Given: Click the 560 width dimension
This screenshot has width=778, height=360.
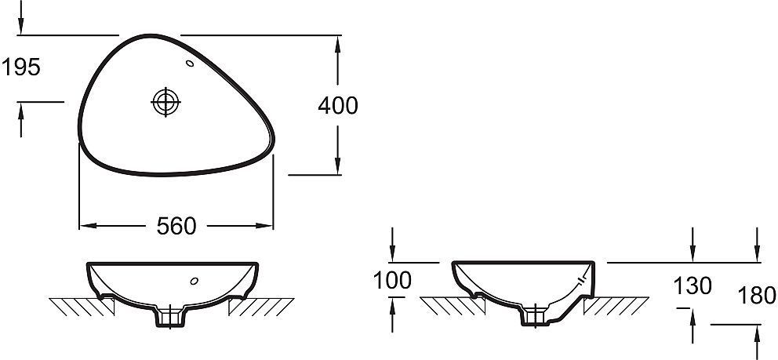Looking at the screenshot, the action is (x=176, y=226).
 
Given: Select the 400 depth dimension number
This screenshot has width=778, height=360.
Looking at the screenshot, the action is (x=338, y=106).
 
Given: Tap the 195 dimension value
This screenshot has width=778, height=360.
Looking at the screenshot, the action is (x=21, y=67).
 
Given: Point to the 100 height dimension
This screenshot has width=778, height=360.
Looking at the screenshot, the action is (x=392, y=280).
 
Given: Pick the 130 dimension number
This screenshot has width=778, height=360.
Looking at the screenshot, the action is (x=693, y=285).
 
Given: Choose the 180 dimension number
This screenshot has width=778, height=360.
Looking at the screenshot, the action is (x=757, y=296).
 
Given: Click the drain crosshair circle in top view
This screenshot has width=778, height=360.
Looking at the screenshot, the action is (x=165, y=102).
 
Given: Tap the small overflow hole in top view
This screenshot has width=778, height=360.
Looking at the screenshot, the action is (x=190, y=63).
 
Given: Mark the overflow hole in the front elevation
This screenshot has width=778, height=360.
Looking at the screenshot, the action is (x=194, y=281).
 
